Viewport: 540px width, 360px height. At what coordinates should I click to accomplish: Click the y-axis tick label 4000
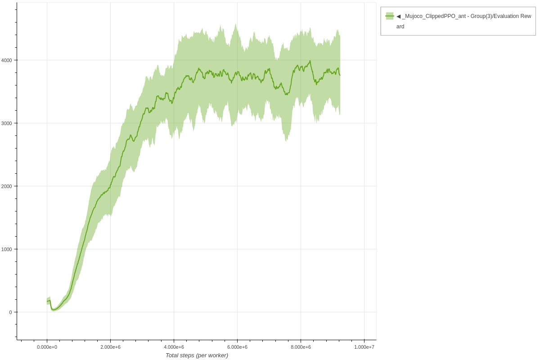(6, 60)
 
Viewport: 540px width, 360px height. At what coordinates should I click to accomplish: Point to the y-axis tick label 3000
(6, 123)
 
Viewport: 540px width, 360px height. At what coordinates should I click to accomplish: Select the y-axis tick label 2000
(6, 186)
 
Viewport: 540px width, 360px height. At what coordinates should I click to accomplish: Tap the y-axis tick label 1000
(6, 249)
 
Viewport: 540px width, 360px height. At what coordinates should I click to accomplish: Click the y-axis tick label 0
(10, 312)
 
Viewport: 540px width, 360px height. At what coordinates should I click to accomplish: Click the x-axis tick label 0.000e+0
(47, 347)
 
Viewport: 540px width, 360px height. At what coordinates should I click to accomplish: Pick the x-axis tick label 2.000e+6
(110, 347)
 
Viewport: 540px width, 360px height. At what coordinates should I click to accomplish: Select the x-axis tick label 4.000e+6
(174, 347)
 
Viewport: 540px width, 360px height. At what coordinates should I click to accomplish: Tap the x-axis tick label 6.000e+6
(237, 347)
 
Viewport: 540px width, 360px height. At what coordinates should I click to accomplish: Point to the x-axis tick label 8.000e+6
(301, 347)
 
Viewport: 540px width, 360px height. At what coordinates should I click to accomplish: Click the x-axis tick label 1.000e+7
(364, 347)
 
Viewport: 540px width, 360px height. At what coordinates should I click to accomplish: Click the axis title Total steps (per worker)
(197, 355)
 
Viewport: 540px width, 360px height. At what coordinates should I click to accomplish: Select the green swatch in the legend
(390, 16)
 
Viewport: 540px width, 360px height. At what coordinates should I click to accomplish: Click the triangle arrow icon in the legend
(398, 16)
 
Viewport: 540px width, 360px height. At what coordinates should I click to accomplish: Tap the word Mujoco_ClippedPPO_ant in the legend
(434, 16)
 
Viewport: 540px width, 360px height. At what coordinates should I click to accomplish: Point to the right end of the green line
(340, 75)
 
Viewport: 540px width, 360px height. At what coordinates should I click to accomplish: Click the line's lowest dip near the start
(53, 310)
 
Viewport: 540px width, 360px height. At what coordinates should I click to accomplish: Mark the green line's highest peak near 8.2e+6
(310, 61)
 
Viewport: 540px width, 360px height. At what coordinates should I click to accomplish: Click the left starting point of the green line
(47, 301)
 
